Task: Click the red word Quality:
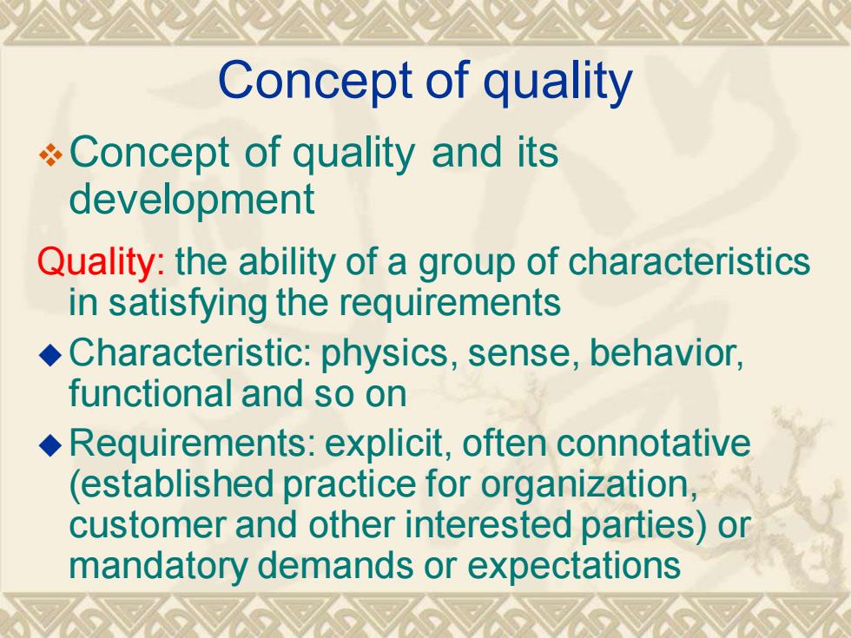pos(101,262)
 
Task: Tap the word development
pos(192,199)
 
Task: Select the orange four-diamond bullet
pos(51,155)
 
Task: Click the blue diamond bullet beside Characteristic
pos(51,355)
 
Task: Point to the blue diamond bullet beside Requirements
pos(51,445)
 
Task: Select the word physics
pos(385,355)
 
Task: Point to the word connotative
pos(653,444)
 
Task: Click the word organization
pos(590,485)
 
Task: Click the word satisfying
pos(188,304)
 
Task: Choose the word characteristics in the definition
pos(689,262)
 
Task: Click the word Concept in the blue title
pos(315,82)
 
